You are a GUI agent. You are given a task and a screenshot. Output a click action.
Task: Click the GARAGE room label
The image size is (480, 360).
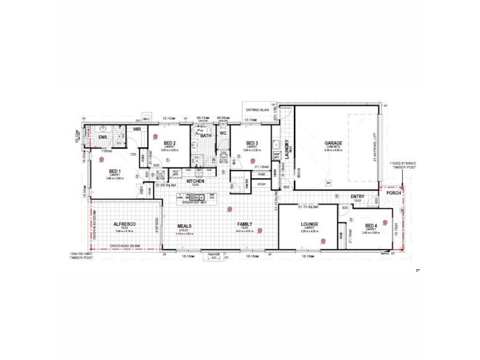(x=334, y=143)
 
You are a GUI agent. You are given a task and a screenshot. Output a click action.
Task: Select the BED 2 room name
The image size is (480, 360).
(x=170, y=142)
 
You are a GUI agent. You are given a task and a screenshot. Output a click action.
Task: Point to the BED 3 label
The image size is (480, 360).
(x=252, y=142)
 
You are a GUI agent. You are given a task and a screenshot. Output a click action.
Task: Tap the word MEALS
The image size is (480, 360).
(x=184, y=226)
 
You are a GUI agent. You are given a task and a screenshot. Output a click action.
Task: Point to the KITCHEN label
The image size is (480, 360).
(x=196, y=181)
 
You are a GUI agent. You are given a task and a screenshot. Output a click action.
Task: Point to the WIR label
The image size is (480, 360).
(x=137, y=128)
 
